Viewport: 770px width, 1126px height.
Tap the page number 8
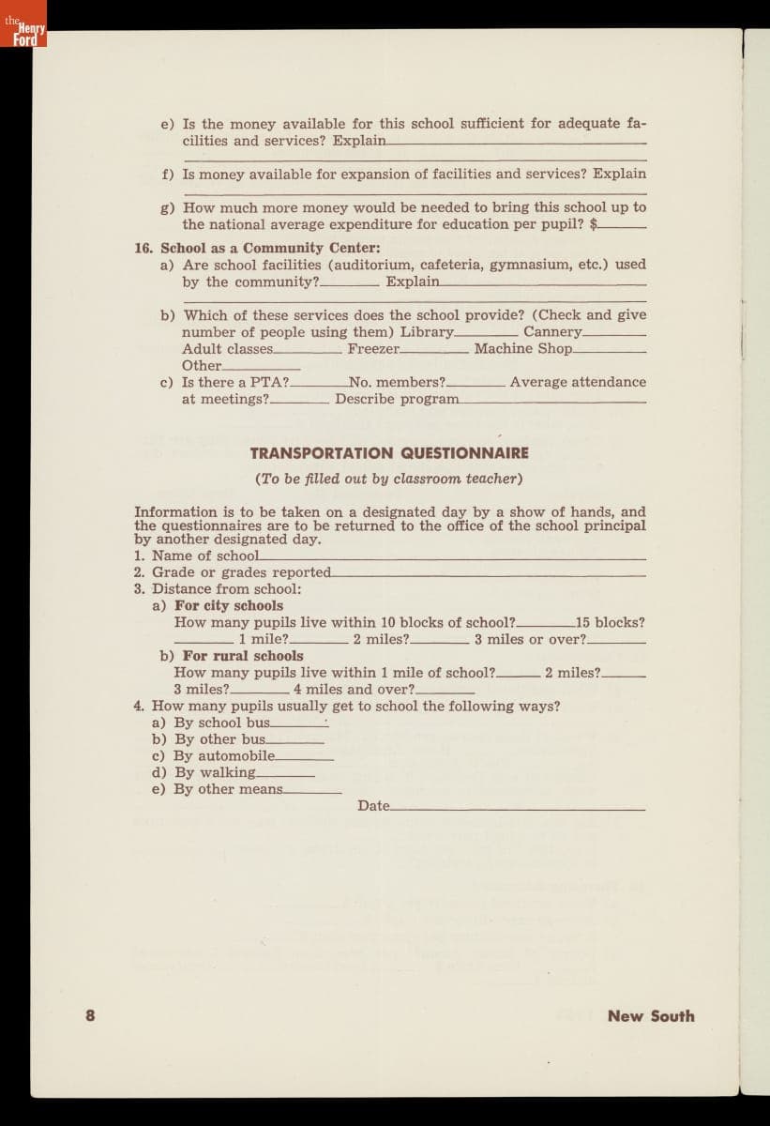pos(90,1015)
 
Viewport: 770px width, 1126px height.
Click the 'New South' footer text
pos(650,1015)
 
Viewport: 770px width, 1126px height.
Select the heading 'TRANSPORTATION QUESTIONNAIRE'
pos(389,453)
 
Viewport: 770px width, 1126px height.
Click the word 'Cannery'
pos(552,331)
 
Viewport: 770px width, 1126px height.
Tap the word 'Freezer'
pos(373,348)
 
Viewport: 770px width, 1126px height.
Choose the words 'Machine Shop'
pos(522,348)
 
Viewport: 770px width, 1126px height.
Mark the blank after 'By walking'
pos(285,775)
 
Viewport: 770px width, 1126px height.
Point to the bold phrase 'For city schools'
pos(229,605)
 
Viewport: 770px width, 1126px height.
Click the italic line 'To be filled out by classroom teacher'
pos(389,479)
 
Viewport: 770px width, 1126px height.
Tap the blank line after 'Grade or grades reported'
pos(488,575)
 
